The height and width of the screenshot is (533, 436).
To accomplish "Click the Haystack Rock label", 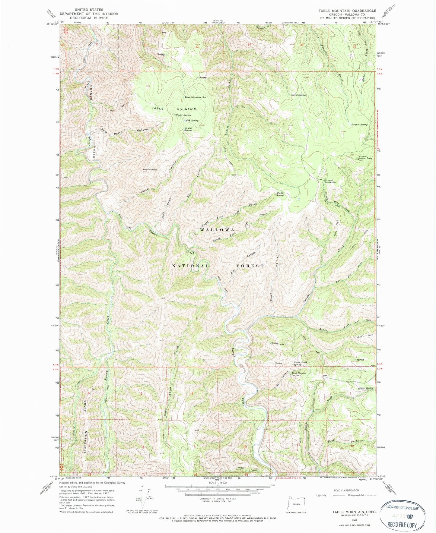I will tap(150, 170).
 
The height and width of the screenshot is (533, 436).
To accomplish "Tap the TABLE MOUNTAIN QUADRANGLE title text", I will tap(347, 11).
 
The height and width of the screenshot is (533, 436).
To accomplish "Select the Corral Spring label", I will tap(298, 95).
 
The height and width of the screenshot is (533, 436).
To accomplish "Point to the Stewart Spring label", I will tap(359, 125).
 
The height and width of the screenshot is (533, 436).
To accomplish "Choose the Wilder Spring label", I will tap(183, 115).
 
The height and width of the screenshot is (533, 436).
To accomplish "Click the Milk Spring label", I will tap(192, 121).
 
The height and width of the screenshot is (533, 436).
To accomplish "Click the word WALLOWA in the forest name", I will tap(217, 230).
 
